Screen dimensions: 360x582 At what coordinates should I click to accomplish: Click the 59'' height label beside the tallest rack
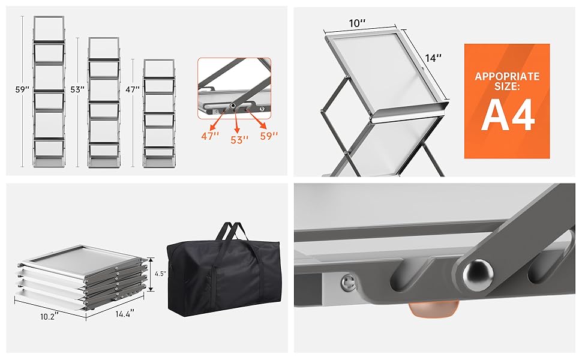tap(22, 89)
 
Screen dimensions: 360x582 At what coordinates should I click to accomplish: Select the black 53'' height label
tap(77, 89)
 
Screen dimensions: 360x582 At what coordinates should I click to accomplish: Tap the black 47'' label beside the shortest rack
tap(132, 89)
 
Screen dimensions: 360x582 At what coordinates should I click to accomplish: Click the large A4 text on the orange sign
tap(508, 115)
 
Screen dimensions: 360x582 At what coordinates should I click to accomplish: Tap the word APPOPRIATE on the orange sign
tap(507, 76)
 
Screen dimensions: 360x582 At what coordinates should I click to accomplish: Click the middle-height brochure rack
tap(104, 102)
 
